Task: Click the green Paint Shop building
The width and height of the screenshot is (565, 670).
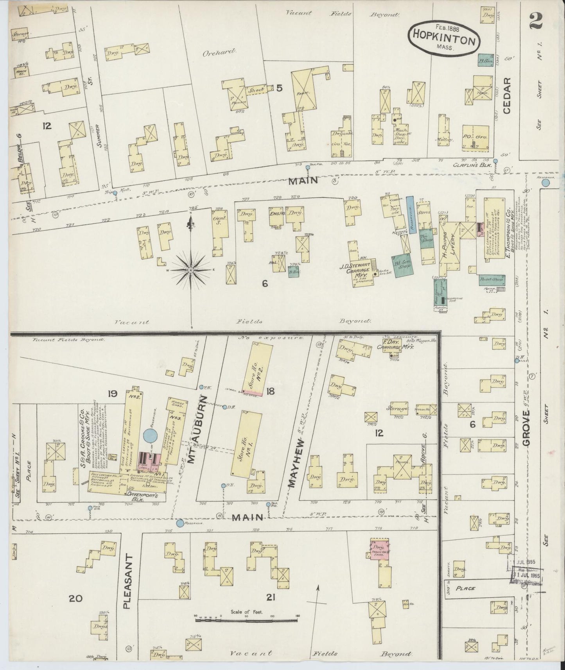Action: tap(491, 279)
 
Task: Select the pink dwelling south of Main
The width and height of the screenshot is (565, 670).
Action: tap(379, 549)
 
